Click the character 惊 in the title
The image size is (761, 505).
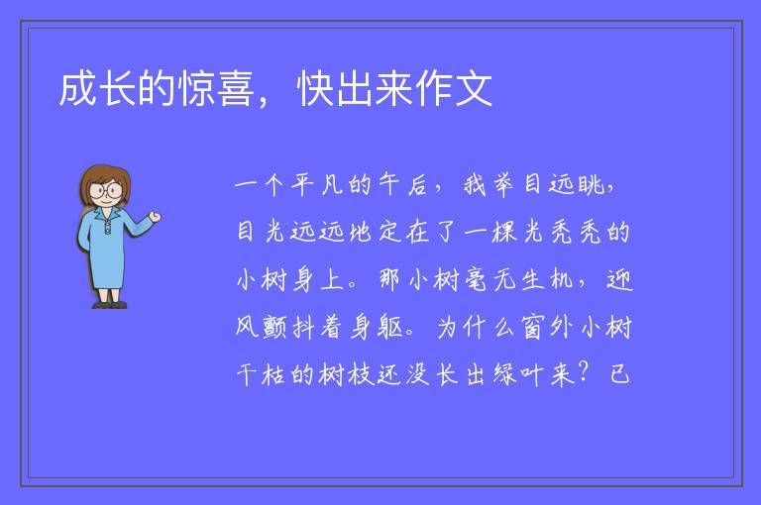coord(196,89)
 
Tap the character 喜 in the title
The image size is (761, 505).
coord(236,89)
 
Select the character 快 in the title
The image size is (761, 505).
coord(315,89)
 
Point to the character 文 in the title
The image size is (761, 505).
coord(474,89)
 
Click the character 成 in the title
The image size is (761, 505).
coord(78,89)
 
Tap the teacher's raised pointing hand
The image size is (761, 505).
coord(155,217)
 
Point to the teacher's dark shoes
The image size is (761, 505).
coord(110,305)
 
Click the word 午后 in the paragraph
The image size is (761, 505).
coord(403,184)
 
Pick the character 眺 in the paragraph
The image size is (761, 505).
coord(592,184)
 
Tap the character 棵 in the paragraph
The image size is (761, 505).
coord(504,232)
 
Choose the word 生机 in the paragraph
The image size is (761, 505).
coord(548,279)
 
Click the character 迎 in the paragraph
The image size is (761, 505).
coord(619,279)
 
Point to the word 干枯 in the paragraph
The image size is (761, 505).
coord(262,374)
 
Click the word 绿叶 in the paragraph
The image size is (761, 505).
coord(518,374)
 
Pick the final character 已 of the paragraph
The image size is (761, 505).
coord(619,374)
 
